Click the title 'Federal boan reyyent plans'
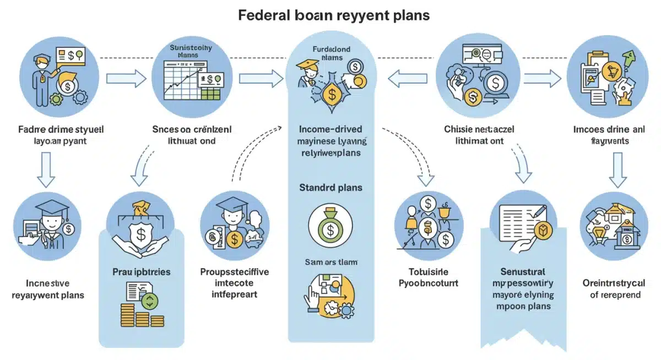(334, 15)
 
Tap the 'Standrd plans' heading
(330, 188)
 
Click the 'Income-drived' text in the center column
(330, 129)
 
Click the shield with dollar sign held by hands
(141, 233)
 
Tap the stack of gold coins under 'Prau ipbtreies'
(136, 317)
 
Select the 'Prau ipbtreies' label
(142, 272)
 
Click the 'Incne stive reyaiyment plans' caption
(47, 289)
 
